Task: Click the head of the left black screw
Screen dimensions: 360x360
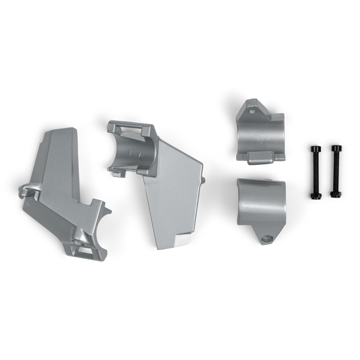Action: click(315, 149)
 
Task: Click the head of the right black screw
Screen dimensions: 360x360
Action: click(336, 149)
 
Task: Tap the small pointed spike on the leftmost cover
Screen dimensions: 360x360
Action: click(109, 213)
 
